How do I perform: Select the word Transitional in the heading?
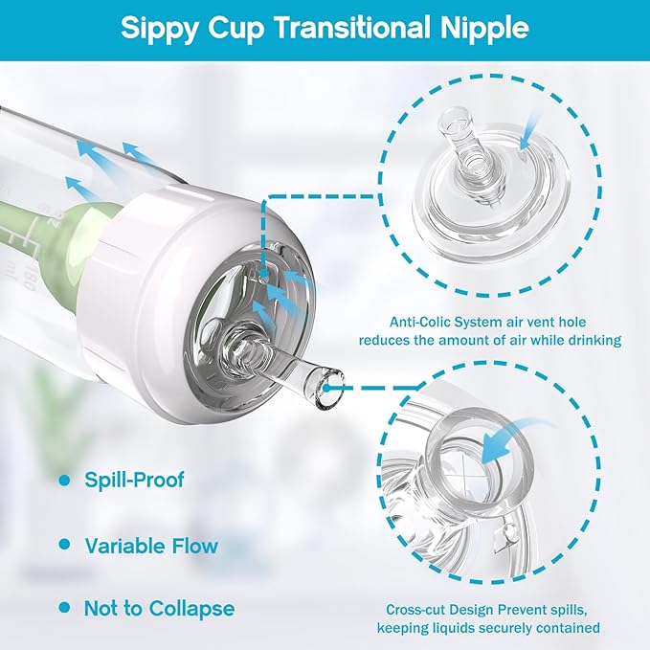(x=347, y=28)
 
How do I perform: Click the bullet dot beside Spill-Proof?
(x=65, y=480)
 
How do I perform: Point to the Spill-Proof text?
(x=134, y=480)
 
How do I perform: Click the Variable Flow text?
(x=151, y=547)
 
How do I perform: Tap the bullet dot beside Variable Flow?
(x=65, y=545)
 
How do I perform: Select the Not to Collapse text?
(x=160, y=608)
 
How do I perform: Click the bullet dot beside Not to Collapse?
(x=65, y=607)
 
